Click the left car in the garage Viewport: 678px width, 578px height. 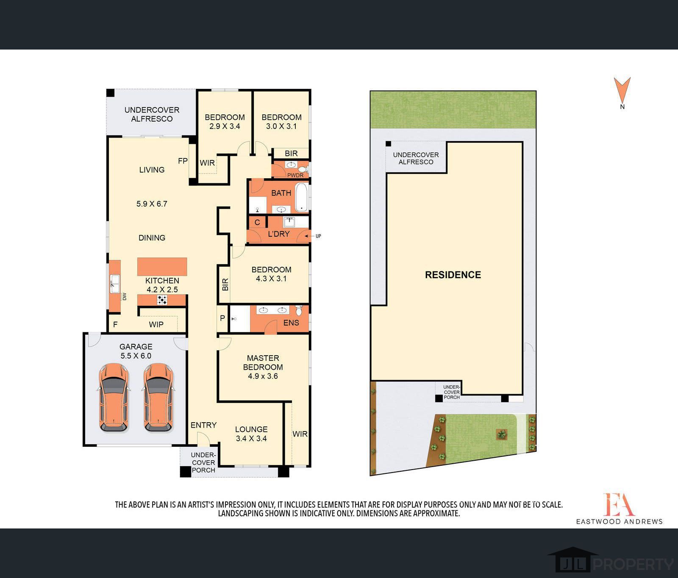(114, 397)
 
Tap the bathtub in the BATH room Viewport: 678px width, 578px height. (301, 197)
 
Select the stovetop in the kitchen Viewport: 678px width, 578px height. (162, 300)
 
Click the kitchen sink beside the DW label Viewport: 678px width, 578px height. (114, 283)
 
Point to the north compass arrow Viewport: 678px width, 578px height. (622, 89)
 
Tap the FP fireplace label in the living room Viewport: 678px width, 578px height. (183, 161)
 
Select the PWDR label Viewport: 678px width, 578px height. (295, 175)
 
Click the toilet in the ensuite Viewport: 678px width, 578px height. (299, 310)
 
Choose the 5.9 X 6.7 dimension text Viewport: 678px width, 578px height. (152, 204)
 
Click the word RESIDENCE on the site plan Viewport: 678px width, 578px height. (453, 275)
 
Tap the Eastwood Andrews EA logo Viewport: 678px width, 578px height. (619, 504)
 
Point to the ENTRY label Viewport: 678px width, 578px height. (203, 425)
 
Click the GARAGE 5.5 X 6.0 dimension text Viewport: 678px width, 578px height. (136, 356)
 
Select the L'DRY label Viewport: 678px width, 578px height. (279, 234)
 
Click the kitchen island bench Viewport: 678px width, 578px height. (162, 267)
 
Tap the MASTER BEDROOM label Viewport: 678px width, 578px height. (263, 362)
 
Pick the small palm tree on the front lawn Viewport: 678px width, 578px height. (502, 434)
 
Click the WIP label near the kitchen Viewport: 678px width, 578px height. (156, 324)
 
